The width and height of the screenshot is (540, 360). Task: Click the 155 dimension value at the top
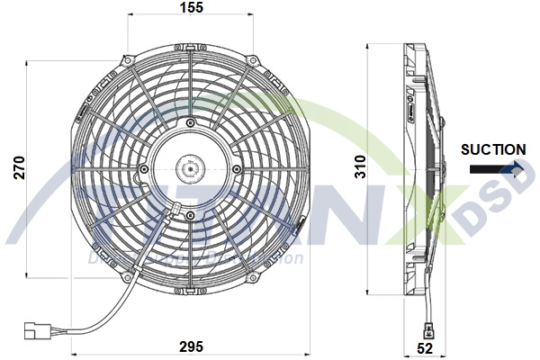(191, 8)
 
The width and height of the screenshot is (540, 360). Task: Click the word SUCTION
(493, 149)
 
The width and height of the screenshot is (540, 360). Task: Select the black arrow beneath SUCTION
(493, 167)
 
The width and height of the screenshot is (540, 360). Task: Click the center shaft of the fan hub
(190, 167)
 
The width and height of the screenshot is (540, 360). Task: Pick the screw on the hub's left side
(144, 168)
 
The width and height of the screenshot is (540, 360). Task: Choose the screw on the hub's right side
(237, 168)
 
